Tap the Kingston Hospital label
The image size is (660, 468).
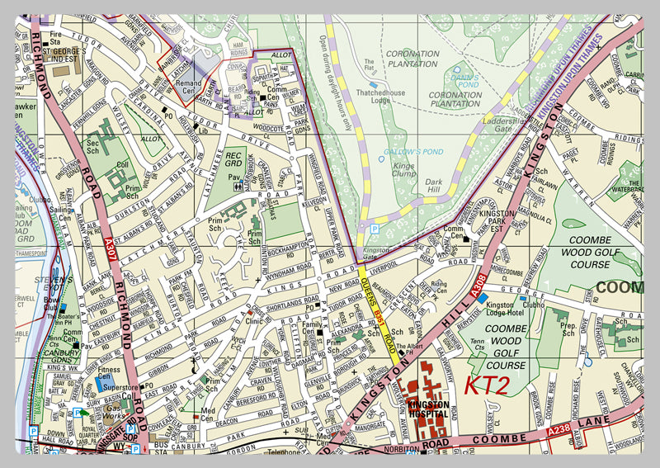(429, 409)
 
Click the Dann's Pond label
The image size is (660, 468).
(464, 80)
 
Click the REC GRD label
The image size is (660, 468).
(233, 159)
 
